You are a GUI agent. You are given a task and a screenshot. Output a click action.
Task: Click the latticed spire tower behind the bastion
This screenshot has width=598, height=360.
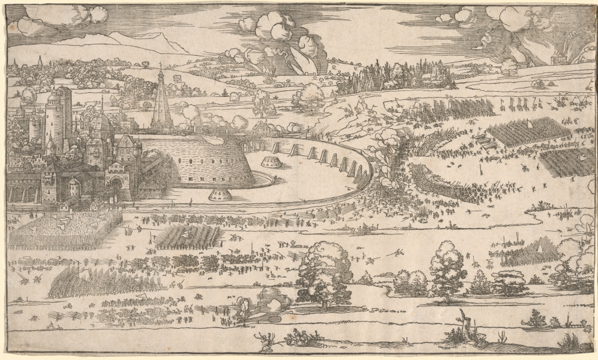tap(161, 103)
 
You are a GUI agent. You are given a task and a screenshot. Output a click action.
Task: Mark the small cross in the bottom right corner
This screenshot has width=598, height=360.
tap(583, 325)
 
